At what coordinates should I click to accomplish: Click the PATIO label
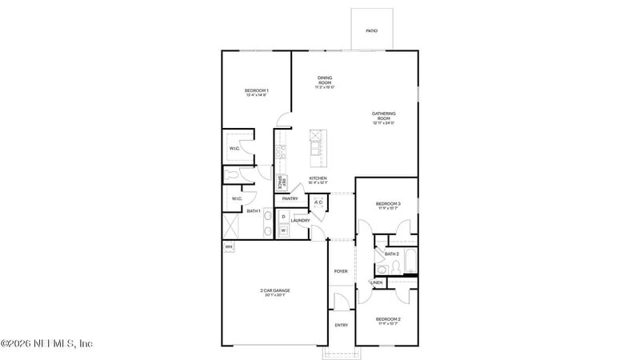pyautogui.click(x=371, y=31)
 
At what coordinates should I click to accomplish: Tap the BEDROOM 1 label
pyautogui.click(x=256, y=91)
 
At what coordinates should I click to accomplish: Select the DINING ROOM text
pyautogui.click(x=325, y=81)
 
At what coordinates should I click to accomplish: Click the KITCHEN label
pyautogui.click(x=318, y=179)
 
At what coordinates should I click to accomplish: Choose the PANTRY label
pyautogui.click(x=290, y=198)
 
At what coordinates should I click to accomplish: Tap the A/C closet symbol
pyautogui.click(x=318, y=202)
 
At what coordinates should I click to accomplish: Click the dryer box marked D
pyautogui.click(x=283, y=216)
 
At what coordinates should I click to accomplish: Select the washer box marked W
pyautogui.click(x=283, y=230)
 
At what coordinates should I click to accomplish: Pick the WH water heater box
pyautogui.click(x=228, y=246)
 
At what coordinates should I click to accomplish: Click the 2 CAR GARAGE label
pyautogui.click(x=274, y=292)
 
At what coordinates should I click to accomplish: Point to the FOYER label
pyautogui.click(x=341, y=272)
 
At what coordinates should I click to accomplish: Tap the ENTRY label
pyautogui.click(x=341, y=326)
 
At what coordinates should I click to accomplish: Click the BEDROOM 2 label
pyautogui.click(x=388, y=320)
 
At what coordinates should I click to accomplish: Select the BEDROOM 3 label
pyautogui.click(x=388, y=206)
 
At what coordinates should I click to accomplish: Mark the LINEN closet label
pyautogui.click(x=377, y=282)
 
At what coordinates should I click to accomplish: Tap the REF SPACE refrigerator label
pyautogui.click(x=282, y=182)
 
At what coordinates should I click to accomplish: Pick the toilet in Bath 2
pyautogui.click(x=381, y=268)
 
